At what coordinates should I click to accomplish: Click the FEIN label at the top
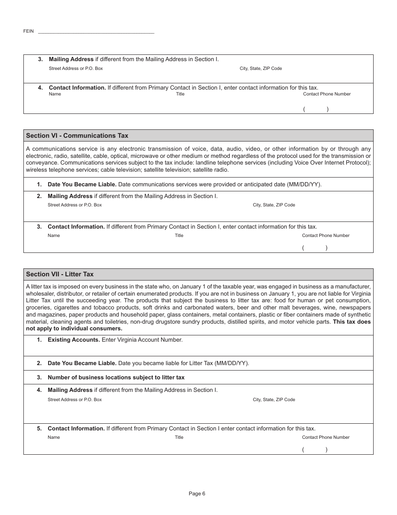[28, 31]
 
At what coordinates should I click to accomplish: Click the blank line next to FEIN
[96, 32]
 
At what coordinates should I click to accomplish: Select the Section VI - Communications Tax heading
[77, 136]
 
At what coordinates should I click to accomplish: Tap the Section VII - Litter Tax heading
[60, 274]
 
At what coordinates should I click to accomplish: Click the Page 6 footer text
[197, 494]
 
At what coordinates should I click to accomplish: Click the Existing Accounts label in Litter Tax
[74, 340]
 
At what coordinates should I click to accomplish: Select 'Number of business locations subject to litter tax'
[116, 377]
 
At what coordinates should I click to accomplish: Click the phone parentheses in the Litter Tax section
[315, 450]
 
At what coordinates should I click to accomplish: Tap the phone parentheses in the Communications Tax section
[315, 248]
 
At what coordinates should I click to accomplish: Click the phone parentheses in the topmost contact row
[316, 109]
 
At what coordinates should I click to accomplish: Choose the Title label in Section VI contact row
[179, 235]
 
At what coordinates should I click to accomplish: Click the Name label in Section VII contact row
[53, 437]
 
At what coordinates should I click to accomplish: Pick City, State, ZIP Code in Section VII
[274, 399]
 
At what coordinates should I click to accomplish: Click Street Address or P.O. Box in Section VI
[74, 205]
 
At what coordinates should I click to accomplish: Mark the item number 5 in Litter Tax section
[39, 428]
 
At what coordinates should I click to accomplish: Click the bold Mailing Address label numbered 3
[71, 59]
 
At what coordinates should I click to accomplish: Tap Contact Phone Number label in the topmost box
[327, 94]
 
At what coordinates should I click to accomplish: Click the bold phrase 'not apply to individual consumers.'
[74, 328]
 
